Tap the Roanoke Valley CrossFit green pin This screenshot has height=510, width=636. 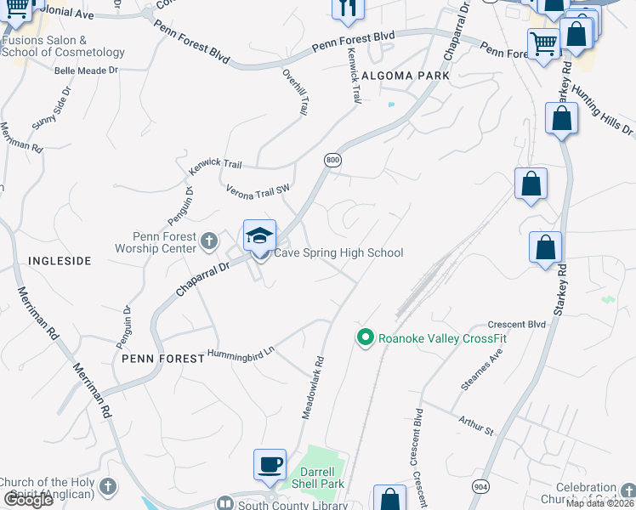click(x=366, y=338)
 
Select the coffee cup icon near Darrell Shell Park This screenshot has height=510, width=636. click(x=270, y=465)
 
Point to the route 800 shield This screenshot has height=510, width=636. click(x=332, y=160)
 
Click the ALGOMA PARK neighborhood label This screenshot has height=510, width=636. click(x=404, y=76)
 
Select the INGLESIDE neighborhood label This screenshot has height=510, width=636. click(x=60, y=261)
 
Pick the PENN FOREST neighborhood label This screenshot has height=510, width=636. click(x=162, y=359)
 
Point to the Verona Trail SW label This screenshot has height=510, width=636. click(x=258, y=193)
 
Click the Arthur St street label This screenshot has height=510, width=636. click(x=476, y=427)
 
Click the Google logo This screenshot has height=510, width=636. click(x=27, y=499)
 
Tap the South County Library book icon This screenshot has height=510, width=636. click(x=225, y=503)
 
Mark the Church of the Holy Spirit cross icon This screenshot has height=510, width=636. click(x=106, y=487)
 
